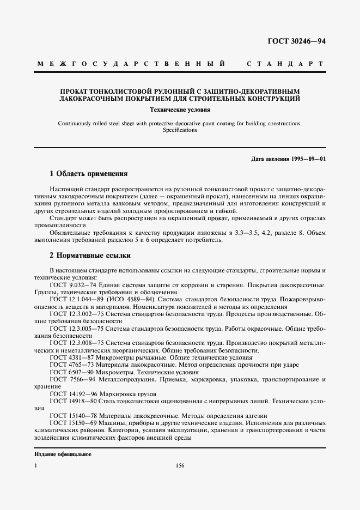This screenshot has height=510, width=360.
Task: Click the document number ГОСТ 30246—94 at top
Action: [296, 41]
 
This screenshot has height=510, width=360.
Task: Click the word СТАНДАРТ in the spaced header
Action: [286, 64]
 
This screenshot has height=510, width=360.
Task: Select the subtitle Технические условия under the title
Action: [180, 110]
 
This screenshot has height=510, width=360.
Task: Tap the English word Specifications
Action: [180, 130]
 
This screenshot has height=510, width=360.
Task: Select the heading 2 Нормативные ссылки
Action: [90, 255]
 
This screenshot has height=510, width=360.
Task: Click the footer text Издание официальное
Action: [63, 454]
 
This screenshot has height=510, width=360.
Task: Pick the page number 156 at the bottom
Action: [180, 465]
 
